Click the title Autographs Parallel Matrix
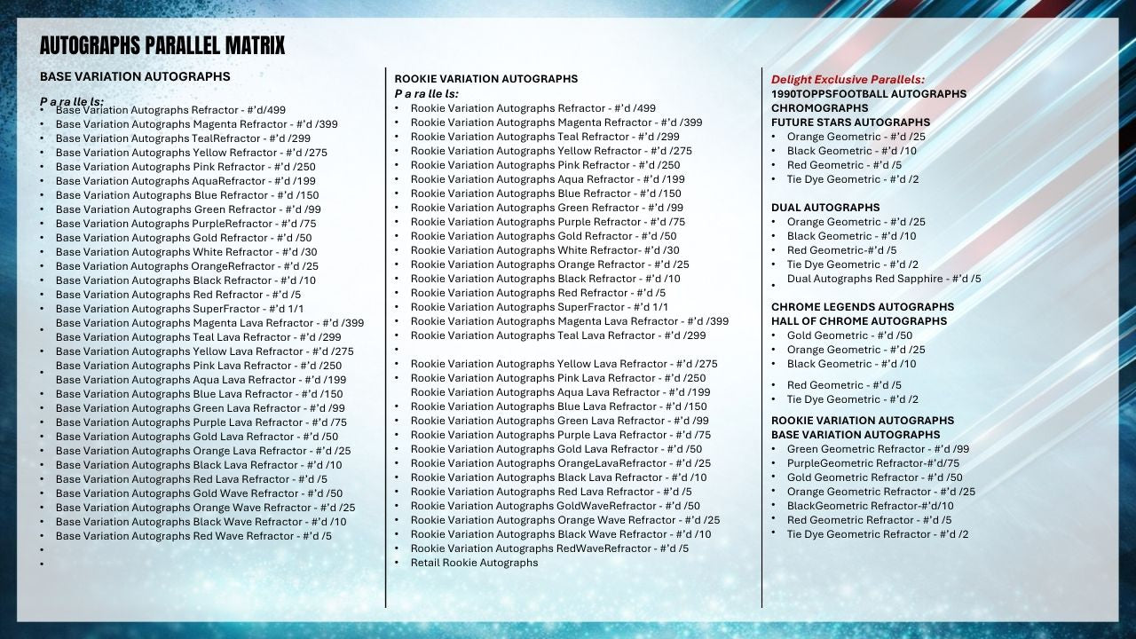click(x=162, y=45)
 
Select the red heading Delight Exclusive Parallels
click(x=848, y=79)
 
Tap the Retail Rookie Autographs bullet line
click(x=474, y=562)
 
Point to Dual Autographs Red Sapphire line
click(x=883, y=278)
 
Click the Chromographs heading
click(x=819, y=107)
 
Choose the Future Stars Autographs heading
click(x=850, y=122)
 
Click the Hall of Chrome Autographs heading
click(x=858, y=320)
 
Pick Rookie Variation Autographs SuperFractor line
click(x=539, y=306)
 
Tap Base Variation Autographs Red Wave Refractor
click(x=193, y=535)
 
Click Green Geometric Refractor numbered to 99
click(x=878, y=448)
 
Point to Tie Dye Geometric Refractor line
click(x=877, y=533)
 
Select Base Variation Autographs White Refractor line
click(x=186, y=251)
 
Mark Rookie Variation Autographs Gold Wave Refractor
click(x=555, y=505)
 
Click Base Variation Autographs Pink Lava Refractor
click(x=198, y=365)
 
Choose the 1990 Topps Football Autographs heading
click(x=868, y=93)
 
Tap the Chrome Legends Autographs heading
click(x=862, y=306)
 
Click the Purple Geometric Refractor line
click(x=872, y=462)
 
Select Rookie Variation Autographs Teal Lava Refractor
click(x=557, y=335)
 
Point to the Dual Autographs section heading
click(x=825, y=207)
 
